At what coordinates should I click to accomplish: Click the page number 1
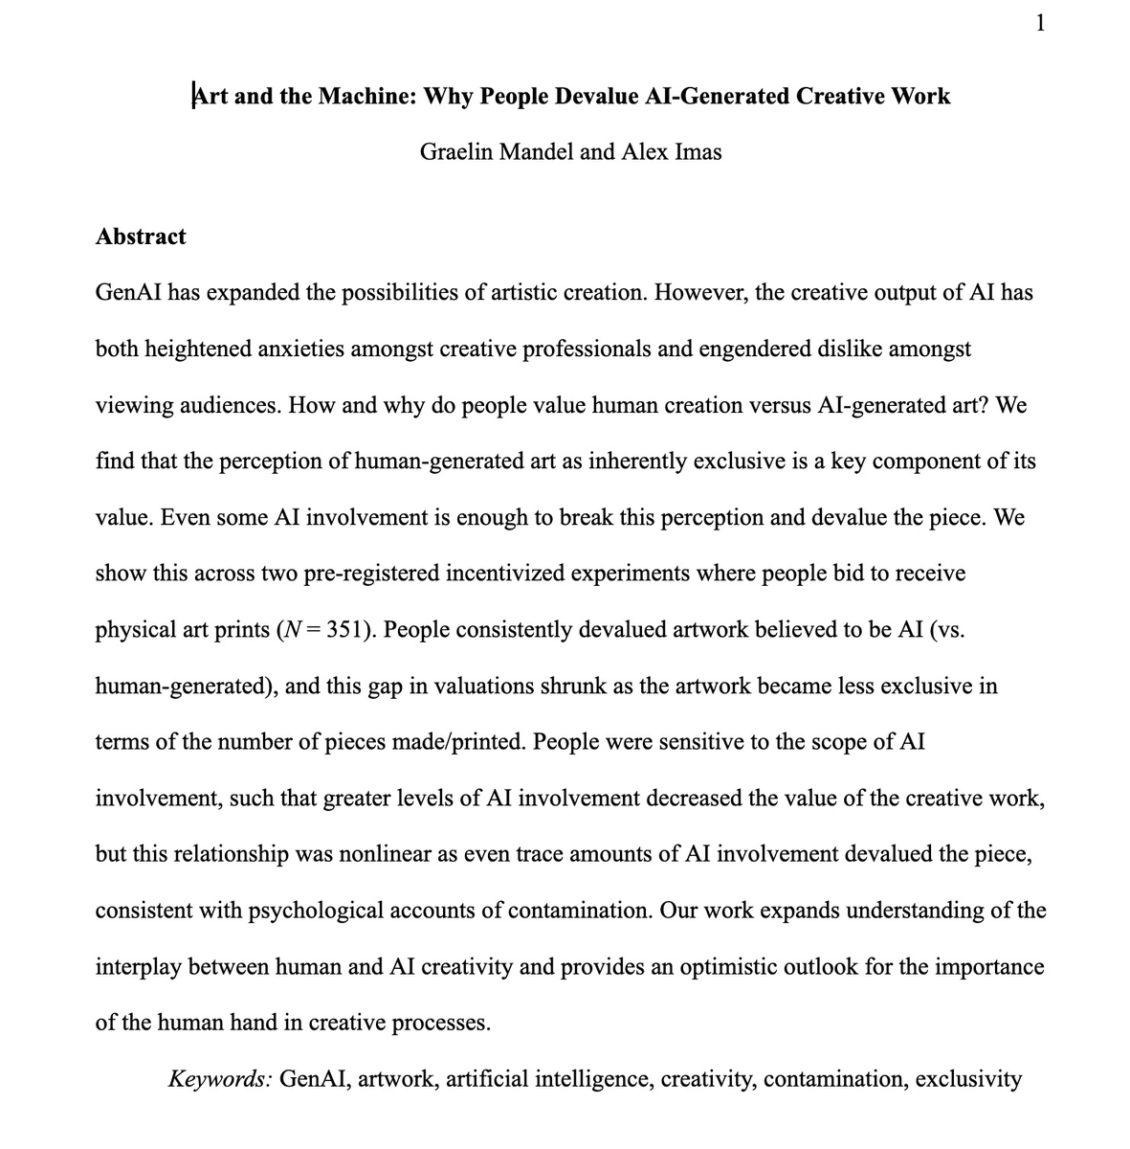(1040, 23)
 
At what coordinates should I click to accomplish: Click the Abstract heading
(141, 237)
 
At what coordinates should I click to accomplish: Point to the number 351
(349, 630)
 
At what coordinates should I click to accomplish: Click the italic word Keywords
(219, 1079)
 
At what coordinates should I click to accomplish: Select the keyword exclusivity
(968, 1079)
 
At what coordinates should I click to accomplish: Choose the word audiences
(219, 405)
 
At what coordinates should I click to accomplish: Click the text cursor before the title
(194, 96)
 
